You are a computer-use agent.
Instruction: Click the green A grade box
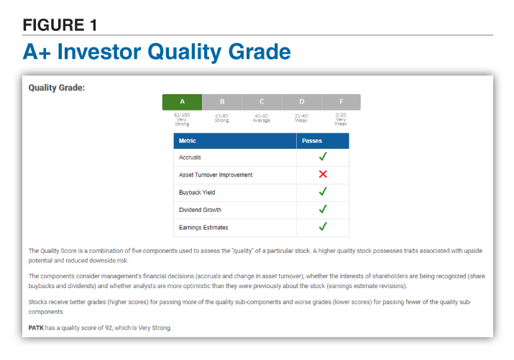point(183,102)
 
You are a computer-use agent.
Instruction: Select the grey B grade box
point(222,102)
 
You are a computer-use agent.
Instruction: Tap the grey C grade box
point(262,102)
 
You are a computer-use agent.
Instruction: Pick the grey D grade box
point(302,102)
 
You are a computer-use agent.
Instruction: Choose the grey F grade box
point(341,102)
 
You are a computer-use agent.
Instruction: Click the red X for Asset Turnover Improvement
point(323,174)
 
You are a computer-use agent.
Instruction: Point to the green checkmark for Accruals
point(323,156)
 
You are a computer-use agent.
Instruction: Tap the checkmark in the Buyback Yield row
point(323,191)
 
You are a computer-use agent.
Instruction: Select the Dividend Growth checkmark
point(323,209)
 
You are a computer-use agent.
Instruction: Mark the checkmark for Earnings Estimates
point(323,226)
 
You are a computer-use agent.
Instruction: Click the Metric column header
point(187,141)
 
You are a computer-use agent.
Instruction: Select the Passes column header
point(312,141)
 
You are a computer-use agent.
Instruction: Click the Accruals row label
point(190,157)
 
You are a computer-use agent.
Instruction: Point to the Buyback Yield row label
point(197,193)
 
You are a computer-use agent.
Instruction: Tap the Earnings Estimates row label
point(203,227)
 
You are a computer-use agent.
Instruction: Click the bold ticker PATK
point(36,328)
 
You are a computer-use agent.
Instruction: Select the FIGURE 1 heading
point(60,25)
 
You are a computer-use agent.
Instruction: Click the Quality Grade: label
point(57,88)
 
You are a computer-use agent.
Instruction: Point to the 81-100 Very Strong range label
point(182,119)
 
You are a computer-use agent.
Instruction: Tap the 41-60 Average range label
point(261,119)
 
